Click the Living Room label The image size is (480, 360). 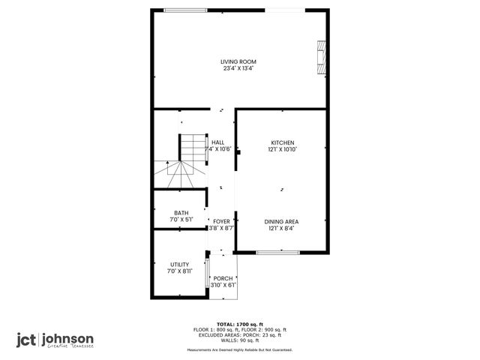pyautogui.click(x=238, y=61)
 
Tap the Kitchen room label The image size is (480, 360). pyautogui.click(x=282, y=142)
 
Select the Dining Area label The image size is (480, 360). pyautogui.click(x=282, y=221)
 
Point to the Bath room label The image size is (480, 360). pyautogui.click(x=181, y=213)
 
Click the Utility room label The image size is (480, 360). pyautogui.click(x=180, y=265)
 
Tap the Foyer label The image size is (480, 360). pyautogui.click(x=221, y=221)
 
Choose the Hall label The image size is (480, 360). pyautogui.click(x=218, y=142)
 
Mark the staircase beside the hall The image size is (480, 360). pyautogui.click(x=185, y=161)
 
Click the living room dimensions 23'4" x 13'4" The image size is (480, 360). pyautogui.click(x=238, y=69)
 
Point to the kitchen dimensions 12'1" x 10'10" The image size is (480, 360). pyautogui.click(x=282, y=150)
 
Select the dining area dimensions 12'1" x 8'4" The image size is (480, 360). pyautogui.click(x=282, y=229)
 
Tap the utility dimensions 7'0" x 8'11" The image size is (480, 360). pyautogui.click(x=180, y=271)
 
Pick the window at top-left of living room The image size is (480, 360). pyautogui.click(x=186, y=10)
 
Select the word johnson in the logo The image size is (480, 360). pyautogui.click(x=70, y=338)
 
